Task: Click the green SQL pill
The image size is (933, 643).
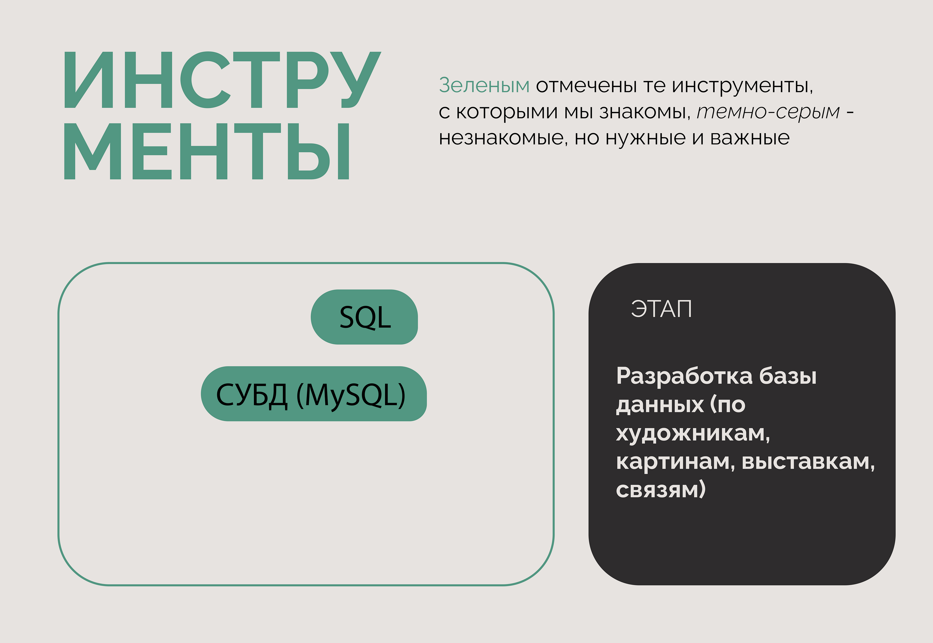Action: (364, 317)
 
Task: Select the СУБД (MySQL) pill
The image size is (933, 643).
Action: (314, 394)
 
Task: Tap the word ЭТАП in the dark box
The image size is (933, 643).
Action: (661, 309)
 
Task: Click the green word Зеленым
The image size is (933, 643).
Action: (484, 85)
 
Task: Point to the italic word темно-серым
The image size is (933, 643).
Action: (768, 112)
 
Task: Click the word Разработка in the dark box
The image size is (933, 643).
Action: (684, 376)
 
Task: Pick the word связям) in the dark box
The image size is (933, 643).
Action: (661, 490)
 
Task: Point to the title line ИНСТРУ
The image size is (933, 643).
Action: (223, 80)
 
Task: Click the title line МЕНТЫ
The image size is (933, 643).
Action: (207, 151)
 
